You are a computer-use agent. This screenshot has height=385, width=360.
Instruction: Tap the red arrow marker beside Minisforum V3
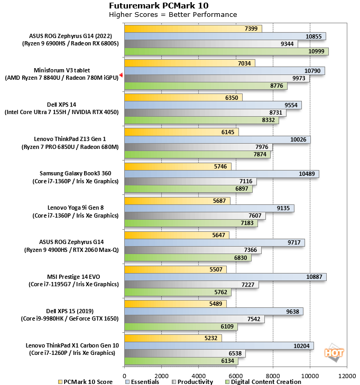(x=121, y=76)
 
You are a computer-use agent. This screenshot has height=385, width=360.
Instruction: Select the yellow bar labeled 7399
(x=192, y=28)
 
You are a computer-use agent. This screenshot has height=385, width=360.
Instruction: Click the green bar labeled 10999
(x=226, y=51)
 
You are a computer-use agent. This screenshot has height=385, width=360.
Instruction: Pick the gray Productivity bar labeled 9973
(x=216, y=78)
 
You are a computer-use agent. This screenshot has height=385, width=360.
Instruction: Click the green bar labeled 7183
(x=190, y=223)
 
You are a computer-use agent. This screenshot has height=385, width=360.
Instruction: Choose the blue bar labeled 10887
(x=225, y=277)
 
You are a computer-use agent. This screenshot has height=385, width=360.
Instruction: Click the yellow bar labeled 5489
(x=175, y=304)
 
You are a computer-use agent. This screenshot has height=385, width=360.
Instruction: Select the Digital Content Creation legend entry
(x=263, y=381)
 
